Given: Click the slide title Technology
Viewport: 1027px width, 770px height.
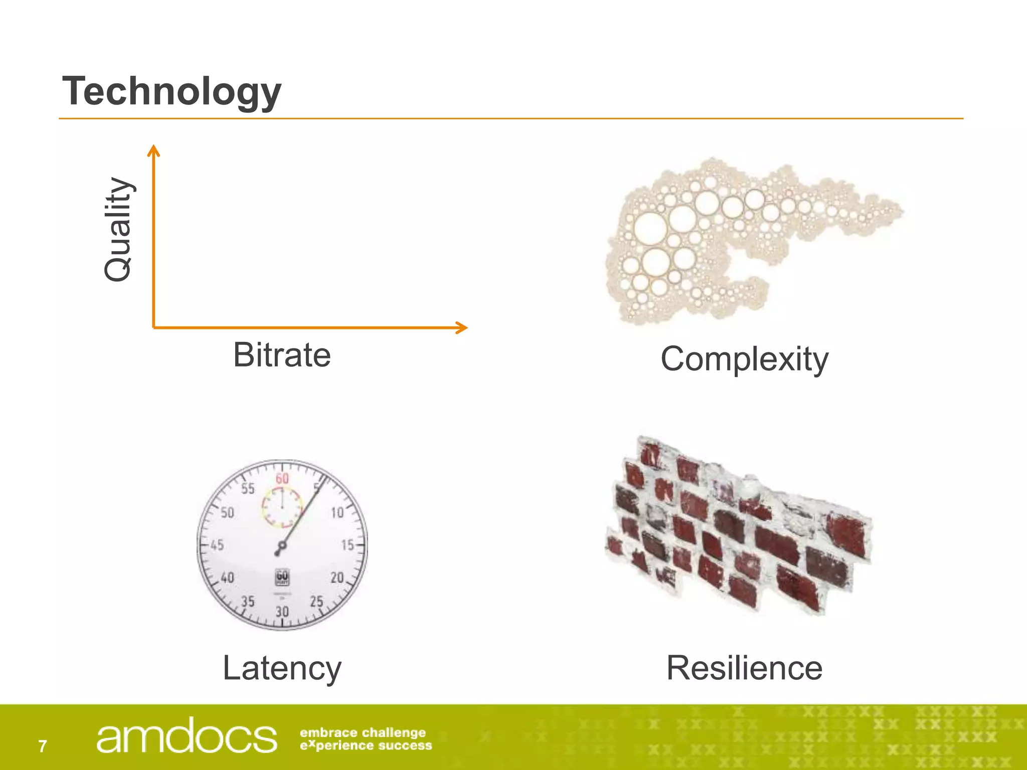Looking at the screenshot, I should [x=172, y=91].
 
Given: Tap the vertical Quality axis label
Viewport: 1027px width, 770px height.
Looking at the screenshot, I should [x=118, y=230].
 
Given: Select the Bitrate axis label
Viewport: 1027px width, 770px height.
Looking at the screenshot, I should [x=282, y=355].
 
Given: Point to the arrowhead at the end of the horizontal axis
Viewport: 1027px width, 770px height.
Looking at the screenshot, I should [x=462, y=327].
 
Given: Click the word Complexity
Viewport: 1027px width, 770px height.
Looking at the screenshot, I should [x=744, y=359].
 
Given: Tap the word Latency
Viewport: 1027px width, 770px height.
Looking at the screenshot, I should [x=282, y=668].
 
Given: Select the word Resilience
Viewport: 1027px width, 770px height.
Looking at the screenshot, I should [x=744, y=668].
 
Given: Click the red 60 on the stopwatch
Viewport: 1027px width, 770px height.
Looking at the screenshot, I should [x=282, y=478].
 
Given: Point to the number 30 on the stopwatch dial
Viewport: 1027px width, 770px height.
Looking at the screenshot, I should [x=282, y=611].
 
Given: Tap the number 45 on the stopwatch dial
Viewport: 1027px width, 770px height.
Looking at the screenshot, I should [x=217, y=545].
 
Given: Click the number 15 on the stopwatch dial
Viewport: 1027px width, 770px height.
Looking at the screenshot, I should [x=348, y=545].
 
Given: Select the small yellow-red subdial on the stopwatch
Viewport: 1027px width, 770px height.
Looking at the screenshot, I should [x=282, y=507].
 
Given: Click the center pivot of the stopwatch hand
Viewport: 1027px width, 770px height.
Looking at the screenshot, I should [x=282, y=546].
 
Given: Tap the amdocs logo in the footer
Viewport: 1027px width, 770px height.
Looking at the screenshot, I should [x=186, y=736].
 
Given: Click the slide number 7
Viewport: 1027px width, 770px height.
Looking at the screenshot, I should [x=43, y=746].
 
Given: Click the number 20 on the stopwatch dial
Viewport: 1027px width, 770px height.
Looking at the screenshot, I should [x=337, y=577].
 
